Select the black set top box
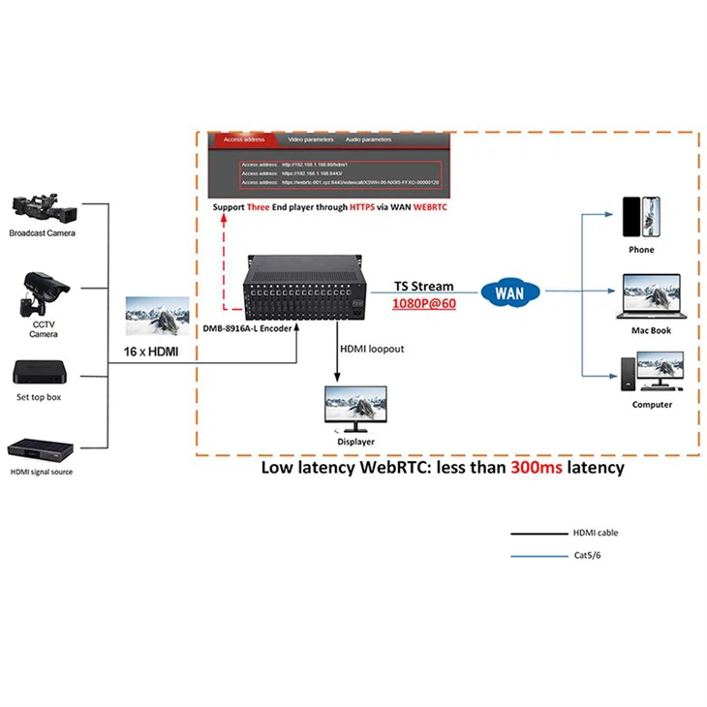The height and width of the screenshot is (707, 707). point(40,373)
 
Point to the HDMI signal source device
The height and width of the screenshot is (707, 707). point(42,450)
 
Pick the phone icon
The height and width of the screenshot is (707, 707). point(641,217)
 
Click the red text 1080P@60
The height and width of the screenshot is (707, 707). point(423,302)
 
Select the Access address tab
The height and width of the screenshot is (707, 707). point(243,139)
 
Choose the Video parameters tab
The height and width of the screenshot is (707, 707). point(310,139)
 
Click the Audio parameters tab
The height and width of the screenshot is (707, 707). point(368,139)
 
